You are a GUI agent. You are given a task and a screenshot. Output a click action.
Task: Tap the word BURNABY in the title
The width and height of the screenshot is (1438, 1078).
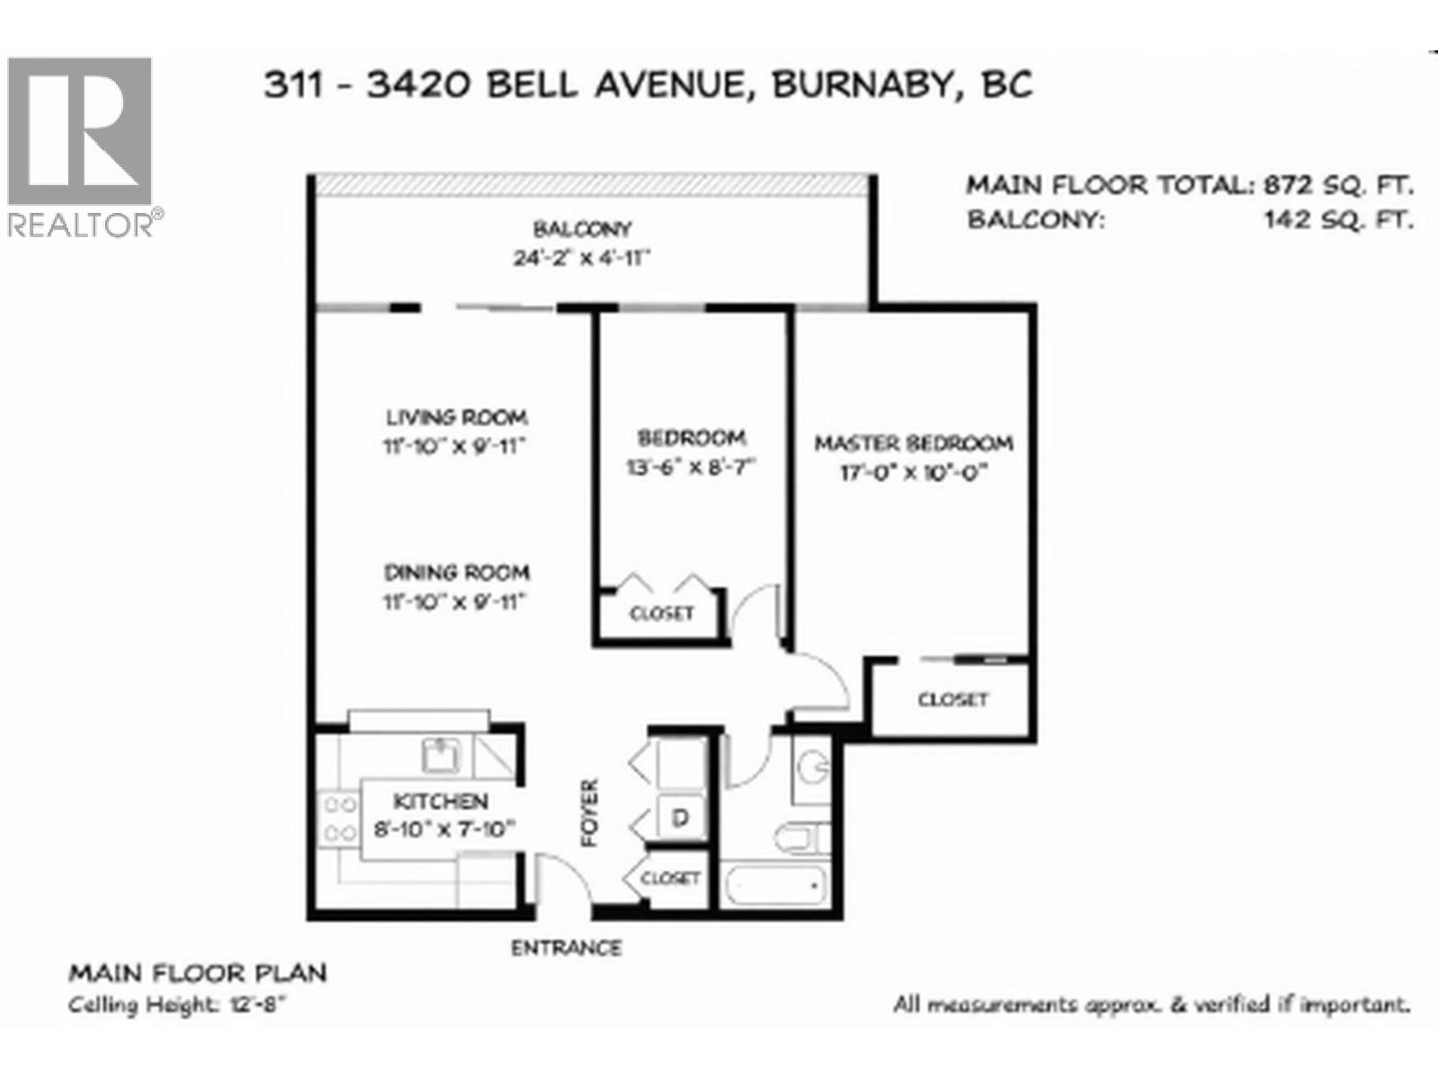click(860, 84)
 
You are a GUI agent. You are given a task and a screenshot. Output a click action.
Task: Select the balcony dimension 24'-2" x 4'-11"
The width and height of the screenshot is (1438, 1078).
click(581, 258)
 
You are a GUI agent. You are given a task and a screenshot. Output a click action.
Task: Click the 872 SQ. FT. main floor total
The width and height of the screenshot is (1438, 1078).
click(1338, 186)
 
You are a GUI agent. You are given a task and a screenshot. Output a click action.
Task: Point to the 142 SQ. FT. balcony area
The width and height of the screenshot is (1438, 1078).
click(1338, 219)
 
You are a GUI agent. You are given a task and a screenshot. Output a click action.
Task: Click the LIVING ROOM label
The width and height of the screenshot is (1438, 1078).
click(457, 418)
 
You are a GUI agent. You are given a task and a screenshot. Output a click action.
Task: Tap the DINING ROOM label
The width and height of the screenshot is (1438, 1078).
click(457, 572)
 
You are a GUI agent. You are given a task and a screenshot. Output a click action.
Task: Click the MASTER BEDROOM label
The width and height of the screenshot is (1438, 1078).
click(913, 443)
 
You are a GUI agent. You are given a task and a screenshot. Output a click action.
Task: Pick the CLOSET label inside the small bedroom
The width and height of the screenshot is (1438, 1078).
click(662, 614)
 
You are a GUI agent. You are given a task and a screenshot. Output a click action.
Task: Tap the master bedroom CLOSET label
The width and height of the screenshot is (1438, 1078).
click(953, 699)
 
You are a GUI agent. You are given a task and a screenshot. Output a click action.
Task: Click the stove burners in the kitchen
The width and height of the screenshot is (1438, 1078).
click(338, 818)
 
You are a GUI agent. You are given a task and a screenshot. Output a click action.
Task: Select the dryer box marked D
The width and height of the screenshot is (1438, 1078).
click(680, 817)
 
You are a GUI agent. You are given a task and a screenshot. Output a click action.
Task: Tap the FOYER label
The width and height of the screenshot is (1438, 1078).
click(590, 813)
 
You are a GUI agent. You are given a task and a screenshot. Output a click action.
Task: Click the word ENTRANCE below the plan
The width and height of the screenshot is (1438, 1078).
click(566, 948)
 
